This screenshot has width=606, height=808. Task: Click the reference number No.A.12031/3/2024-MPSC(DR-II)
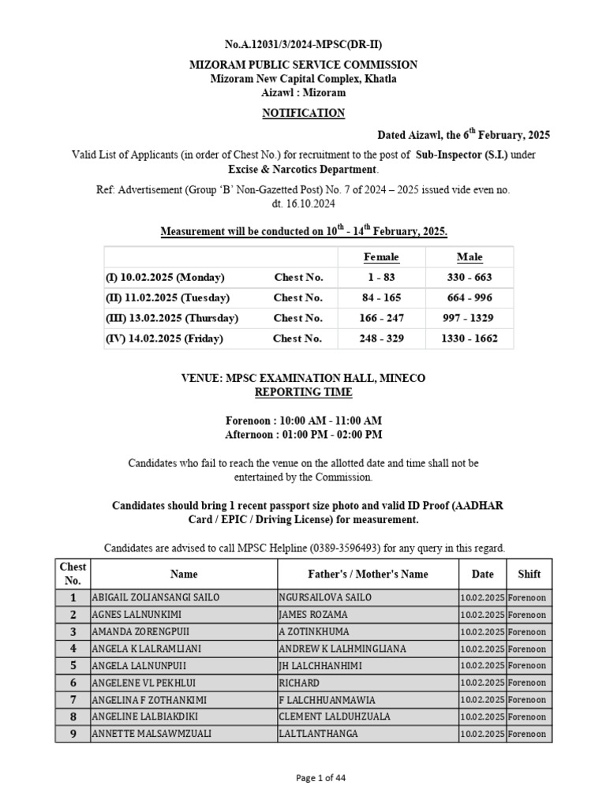click(x=303, y=44)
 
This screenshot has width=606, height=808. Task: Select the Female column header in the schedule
click(x=381, y=257)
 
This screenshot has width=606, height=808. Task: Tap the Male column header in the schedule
click(x=469, y=257)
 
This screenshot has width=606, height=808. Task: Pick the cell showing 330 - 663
click(x=469, y=278)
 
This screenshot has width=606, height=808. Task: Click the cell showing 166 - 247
click(x=381, y=319)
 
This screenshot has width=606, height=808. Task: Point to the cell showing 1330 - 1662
click(x=469, y=339)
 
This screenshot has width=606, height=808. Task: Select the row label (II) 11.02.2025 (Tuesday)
click(x=167, y=298)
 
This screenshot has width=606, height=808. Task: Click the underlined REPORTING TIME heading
click(x=303, y=392)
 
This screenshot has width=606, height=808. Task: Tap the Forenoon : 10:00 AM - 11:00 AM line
click(x=303, y=421)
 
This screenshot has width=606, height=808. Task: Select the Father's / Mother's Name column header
click(x=367, y=574)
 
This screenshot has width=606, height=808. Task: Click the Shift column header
click(x=529, y=574)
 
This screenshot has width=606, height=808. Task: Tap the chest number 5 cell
click(x=73, y=666)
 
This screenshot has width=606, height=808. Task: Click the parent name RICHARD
click(x=299, y=683)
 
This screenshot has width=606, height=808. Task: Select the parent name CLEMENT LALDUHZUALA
click(x=334, y=717)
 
